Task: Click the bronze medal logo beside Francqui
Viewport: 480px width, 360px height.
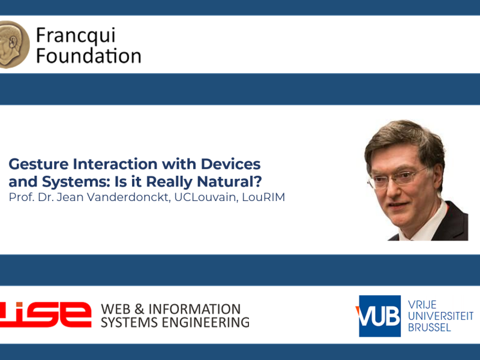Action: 14,44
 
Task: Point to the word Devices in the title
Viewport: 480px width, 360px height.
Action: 230,164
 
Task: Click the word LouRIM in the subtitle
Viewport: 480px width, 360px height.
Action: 263,197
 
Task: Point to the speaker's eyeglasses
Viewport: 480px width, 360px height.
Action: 397,177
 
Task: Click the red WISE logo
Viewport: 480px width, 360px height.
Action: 46,314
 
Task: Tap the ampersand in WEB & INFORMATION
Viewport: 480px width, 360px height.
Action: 139,309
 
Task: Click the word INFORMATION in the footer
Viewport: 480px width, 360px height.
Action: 194,309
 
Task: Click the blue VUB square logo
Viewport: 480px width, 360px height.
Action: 380,316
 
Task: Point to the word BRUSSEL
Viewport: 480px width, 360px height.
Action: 429,328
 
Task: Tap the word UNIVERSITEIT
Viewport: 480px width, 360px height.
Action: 440,316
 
